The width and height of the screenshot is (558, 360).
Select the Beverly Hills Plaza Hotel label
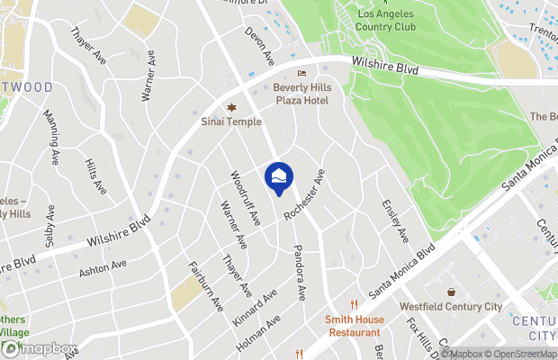click(301, 93)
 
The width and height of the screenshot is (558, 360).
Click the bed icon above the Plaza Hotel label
click(301, 73)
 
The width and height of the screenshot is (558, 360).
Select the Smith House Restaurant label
click(355, 326)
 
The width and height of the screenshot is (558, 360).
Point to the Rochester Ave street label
click(303, 194)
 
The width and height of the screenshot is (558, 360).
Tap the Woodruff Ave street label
click(245, 198)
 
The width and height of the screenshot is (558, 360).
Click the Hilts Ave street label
click(94, 173)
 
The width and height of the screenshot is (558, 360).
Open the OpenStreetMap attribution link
click(521, 354)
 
